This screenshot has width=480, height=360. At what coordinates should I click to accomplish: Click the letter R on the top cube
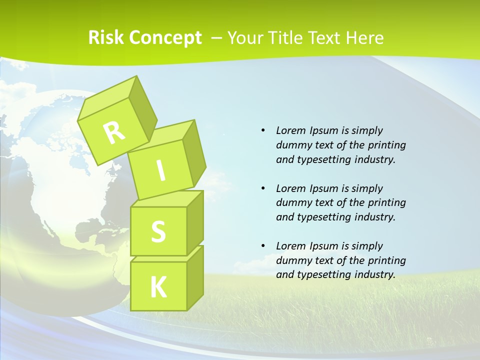point(114,132)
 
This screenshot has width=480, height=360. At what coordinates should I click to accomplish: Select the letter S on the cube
point(158,231)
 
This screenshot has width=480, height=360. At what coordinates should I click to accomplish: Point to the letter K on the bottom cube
point(158,287)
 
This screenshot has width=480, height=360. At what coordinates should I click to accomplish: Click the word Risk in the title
point(106,38)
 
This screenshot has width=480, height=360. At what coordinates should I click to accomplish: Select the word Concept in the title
point(165,38)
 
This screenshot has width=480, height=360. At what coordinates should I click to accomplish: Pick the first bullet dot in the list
point(263,130)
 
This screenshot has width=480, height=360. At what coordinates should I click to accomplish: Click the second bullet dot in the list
point(263,188)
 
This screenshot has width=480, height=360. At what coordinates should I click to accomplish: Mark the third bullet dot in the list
point(263,246)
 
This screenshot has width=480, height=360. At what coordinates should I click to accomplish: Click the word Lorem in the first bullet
point(290,130)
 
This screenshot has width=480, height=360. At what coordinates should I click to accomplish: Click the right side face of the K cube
point(195,277)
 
